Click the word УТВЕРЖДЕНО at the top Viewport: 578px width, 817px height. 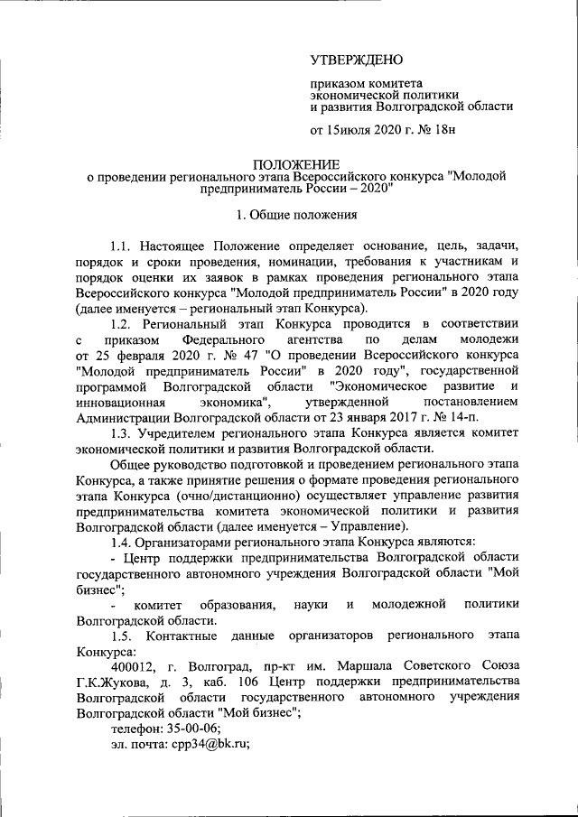(355, 61)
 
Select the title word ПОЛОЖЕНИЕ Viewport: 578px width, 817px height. (295, 164)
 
